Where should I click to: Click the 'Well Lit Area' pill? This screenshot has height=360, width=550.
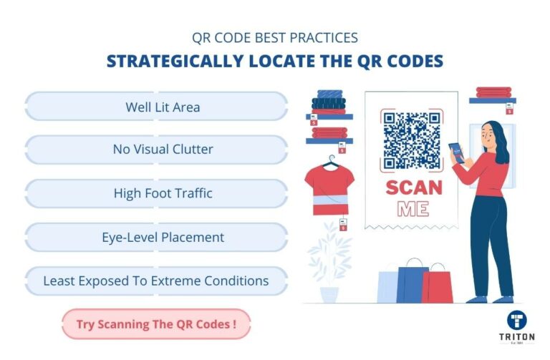[x=157, y=107]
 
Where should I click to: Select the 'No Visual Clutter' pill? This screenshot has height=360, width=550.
[x=157, y=150]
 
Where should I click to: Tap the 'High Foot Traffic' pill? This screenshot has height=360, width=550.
[x=157, y=193]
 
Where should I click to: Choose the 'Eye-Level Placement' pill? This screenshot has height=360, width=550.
[x=157, y=237]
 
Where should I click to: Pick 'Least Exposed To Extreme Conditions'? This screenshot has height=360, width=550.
[x=157, y=281]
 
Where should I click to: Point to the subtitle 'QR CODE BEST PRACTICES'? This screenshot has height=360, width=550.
[x=274, y=37]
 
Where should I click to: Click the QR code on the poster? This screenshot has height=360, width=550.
[x=411, y=140]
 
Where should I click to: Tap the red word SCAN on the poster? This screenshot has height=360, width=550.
[x=414, y=188]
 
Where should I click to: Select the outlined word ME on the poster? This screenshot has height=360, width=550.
[x=412, y=210]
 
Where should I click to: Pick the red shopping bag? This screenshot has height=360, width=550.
[x=438, y=285]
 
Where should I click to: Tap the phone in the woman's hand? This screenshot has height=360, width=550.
[x=454, y=151]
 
